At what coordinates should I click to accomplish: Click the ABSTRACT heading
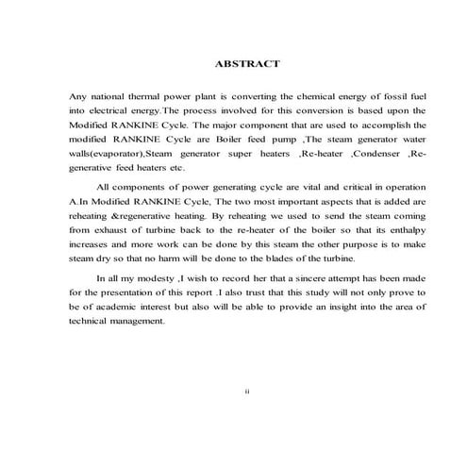[x=247, y=64]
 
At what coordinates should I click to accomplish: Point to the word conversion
[x=299, y=111]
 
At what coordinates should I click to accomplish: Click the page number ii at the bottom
[x=247, y=392]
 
